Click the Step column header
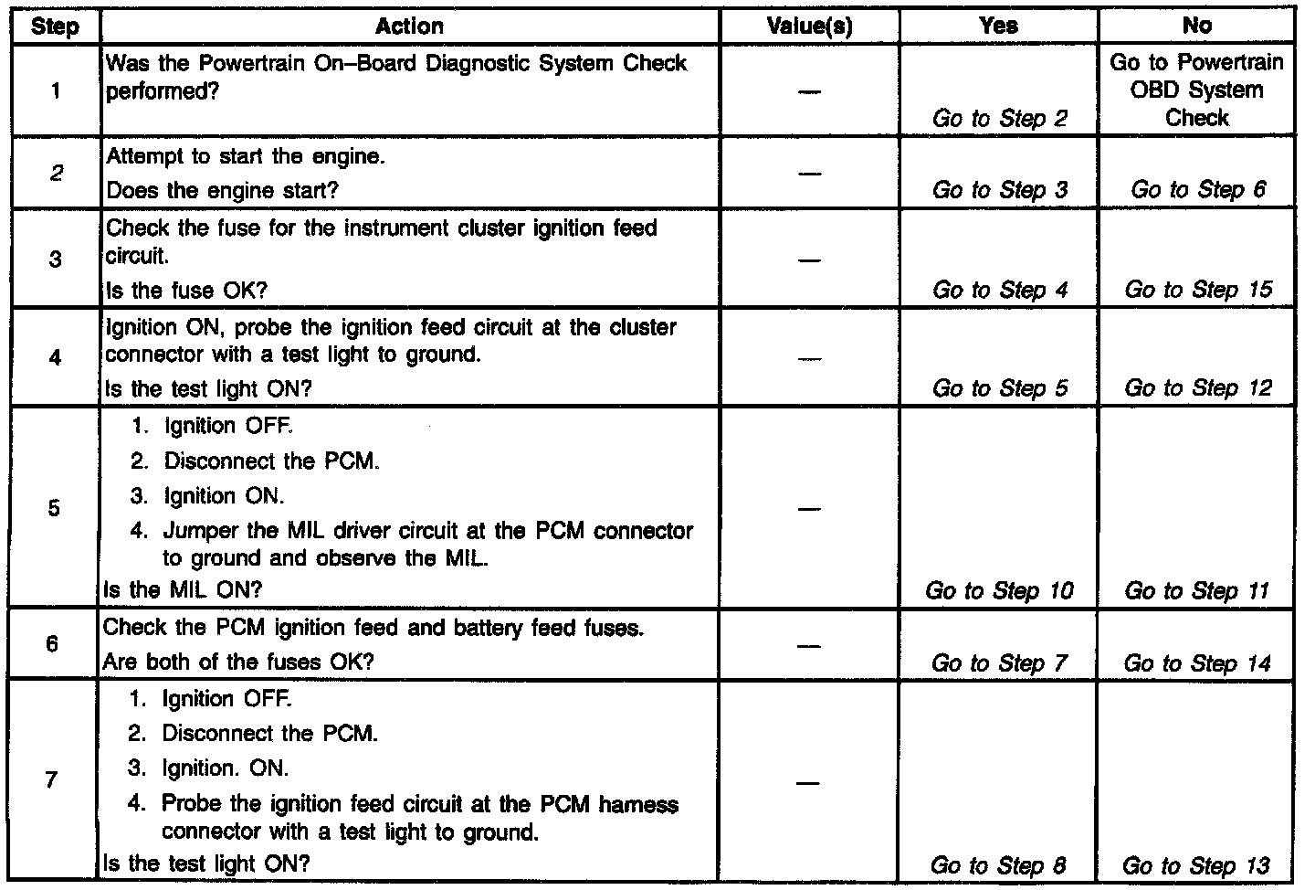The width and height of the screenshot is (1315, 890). click(x=54, y=26)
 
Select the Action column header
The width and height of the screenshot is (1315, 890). click(x=409, y=26)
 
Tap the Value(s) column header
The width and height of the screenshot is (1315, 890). click(x=809, y=26)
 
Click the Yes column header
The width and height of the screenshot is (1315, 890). click(x=998, y=26)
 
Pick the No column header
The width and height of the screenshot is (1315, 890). click(x=1196, y=26)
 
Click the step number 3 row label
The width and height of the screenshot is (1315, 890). click(x=55, y=259)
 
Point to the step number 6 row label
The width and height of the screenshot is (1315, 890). click(x=52, y=644)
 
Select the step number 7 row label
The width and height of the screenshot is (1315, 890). click(x=51, y=779)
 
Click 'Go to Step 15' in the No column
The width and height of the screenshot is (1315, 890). click(x=1197, y=290)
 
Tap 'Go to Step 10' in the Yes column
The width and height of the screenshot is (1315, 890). click(x=999, y=590)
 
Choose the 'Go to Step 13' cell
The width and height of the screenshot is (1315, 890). click(x=1195, y=865)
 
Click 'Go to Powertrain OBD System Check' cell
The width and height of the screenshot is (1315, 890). click(x=1196, y=90)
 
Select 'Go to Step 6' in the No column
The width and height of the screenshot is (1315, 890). click(x=1197, y=190)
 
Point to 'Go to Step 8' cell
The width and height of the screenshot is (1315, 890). click(x=998, y=865)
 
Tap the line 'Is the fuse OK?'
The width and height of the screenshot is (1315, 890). click(x=186, y=291)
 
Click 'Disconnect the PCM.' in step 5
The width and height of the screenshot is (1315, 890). click(x=272, y=461)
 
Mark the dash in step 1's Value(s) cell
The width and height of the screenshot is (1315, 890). click(x=809, y=91)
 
